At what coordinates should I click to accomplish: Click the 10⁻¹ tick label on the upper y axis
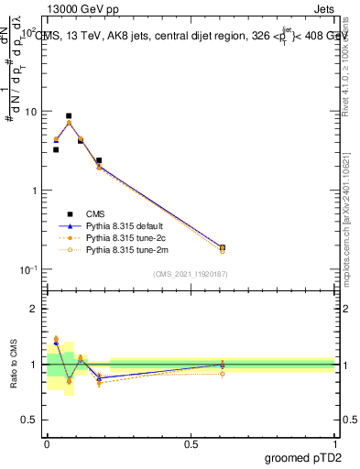[x=29, y=269]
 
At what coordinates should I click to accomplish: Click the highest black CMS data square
[x=69, y=116]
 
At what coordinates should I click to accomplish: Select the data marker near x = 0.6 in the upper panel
[x=223, y=247]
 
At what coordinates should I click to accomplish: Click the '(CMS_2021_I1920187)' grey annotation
[x=190, y=273]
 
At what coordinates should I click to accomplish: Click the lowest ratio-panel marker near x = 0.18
[x=99, y=384]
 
